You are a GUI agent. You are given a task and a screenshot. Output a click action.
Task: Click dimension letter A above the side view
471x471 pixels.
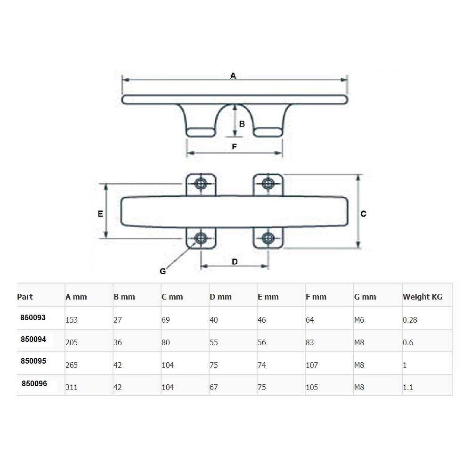(x=233, y=75)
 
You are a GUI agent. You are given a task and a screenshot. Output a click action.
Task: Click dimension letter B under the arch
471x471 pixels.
(x=242, y=124)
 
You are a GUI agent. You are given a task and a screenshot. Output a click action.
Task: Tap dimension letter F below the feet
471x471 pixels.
(x=234, y=146)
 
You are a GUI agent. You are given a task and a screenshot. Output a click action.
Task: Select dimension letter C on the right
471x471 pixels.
(x=363, y=213)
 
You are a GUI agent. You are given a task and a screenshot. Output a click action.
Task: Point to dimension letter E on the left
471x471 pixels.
(x=100, y=213)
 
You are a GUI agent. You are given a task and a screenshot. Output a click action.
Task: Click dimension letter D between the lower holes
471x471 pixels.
(x=235, y=261)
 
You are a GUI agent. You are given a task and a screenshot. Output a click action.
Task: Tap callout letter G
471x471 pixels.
(x=162, y=271)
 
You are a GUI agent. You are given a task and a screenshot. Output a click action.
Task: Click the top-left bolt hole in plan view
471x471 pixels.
(x=202, y=183)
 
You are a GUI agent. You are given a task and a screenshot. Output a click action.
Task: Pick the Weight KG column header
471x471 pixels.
(x=422, y=297)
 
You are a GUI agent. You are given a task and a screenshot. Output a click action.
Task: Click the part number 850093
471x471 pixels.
(x=33, y=317)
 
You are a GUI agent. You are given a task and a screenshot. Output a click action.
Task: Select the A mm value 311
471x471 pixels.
(x=72, y=387)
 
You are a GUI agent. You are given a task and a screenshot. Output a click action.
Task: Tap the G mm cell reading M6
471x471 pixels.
(x=359, y=320)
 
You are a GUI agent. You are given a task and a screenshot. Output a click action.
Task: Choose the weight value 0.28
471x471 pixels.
(x=409, y=320)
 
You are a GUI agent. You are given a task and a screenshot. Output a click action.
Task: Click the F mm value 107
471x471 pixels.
(x=312, y=365)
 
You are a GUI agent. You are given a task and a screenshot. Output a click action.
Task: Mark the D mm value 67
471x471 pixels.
(x=214, y=387)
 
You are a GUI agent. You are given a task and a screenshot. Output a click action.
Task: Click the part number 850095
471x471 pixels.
(x=34, y=361)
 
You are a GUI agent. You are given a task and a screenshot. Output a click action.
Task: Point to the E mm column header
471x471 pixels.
(x=268, y=297)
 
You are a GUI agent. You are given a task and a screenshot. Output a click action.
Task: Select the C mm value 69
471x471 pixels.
(x=165, y=320)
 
